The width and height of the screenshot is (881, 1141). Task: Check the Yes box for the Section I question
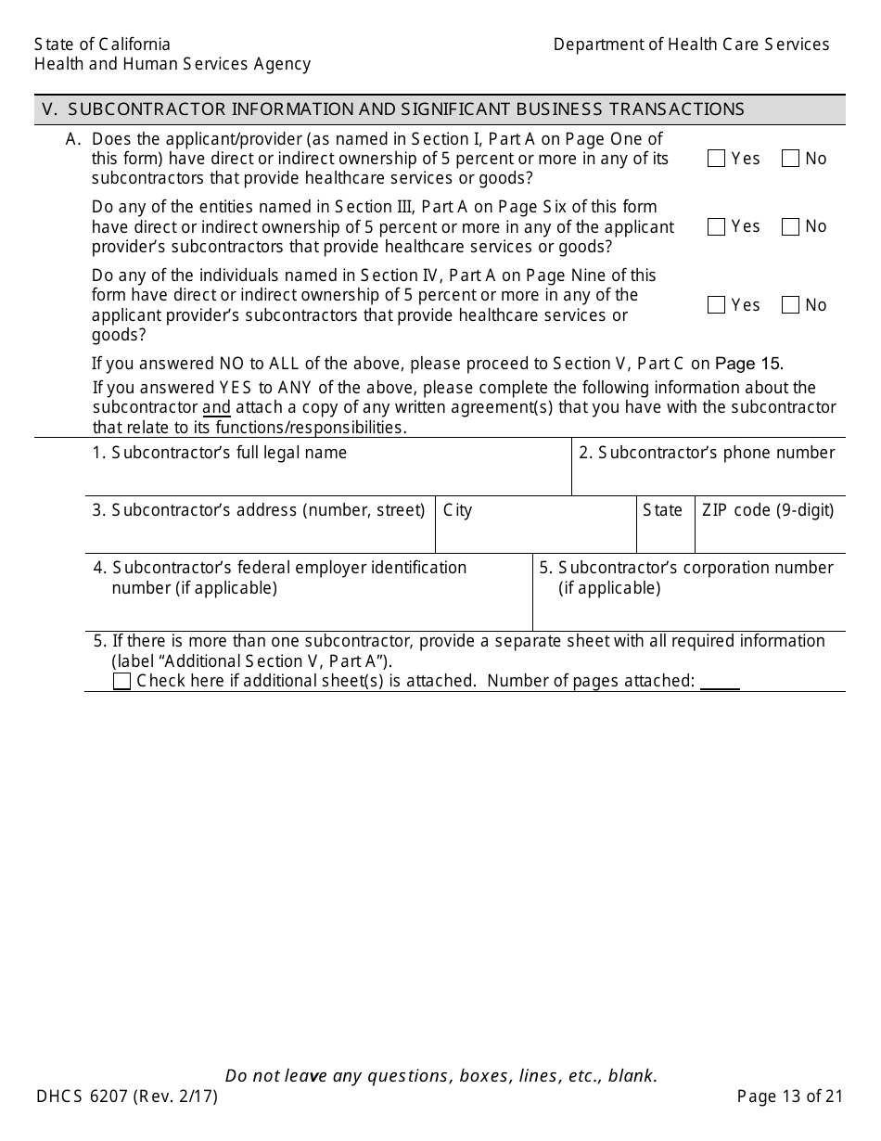pyautogui.click(x=716, y=159)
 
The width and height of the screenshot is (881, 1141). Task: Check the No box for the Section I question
pyautogui.click(x=790, y=159)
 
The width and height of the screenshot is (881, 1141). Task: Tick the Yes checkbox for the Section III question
pyautogui.click(x=716, y=226)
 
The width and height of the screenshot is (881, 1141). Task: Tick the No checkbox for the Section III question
pyautogui.click(x=790, y=226)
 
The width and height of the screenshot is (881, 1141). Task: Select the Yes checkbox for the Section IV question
pyautogui.click(x=716, y=305)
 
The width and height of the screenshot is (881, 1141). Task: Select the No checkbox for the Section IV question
pyautogui.click(x=790, y=305)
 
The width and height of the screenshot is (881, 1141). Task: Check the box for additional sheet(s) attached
pyautogui.click(x=121, y=682)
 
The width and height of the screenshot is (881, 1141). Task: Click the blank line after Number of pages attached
pyautogui.click(x=720, y=683)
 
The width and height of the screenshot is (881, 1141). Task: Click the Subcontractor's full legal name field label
pyautogui.click(x=220, y=453)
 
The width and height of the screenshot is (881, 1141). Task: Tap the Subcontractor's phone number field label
pyautogui.click(x=707, y=453)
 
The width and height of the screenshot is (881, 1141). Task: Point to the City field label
pyautogui.click(x=457, y=510)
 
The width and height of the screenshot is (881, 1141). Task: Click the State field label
pyautogui.click(x=662, y=510)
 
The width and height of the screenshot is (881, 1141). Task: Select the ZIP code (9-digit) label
pyautogui.click(x=768, y=510)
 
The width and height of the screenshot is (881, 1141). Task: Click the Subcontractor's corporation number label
pyautogui.click(x=686, y=577)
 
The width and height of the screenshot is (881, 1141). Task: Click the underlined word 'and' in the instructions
pyautogui.click(x=216, y=408)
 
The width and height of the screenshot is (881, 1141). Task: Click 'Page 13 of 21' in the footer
pyautogui.click(x=790, y=1096)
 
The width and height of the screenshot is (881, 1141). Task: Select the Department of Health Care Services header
pyautogui.click(x=691, y=45)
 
